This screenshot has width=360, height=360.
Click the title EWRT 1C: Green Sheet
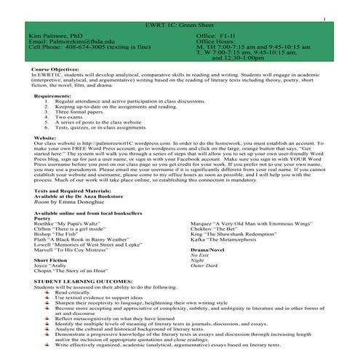(x=180, y=26)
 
